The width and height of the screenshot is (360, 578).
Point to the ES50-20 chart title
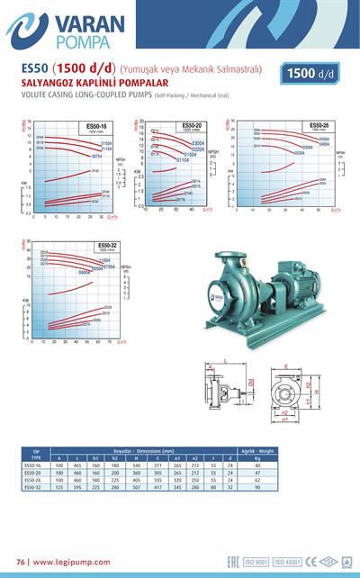click(x=192, y=125)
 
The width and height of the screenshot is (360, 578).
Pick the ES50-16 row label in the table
click(x=34, y=465)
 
